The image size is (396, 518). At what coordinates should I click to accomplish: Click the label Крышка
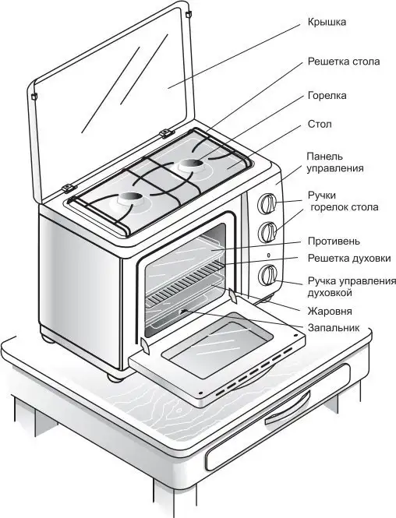[x=327, y=23]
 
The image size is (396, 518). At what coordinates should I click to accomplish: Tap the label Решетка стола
[x=344, y=62]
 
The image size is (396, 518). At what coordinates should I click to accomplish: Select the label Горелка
[x=327, y=96]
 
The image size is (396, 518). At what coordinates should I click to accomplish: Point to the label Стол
[x=320, y=125]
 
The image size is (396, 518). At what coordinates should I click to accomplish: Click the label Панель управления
[x=335, y=162]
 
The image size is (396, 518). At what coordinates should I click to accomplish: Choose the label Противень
[x=334, y=241]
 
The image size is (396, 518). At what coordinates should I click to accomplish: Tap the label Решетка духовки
[x=349, y=258]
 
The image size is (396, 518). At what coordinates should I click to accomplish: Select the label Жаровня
[x=330, y=312]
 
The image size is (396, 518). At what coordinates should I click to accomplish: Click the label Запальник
[x=334, y=328]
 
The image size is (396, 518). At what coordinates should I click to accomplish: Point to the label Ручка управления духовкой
[x=352, y=287]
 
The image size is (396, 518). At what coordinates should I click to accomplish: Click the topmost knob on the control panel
[x=267, y=203]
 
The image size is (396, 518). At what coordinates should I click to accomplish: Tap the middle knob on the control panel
[x=267, y=231]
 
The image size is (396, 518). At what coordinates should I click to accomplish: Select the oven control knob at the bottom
[x=268, y=275]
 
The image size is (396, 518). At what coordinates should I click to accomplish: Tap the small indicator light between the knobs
[x=269, y=255]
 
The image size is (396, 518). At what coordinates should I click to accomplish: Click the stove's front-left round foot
[x=115, y=376]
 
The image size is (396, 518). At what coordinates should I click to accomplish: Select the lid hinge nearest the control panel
[x=166, y=132]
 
